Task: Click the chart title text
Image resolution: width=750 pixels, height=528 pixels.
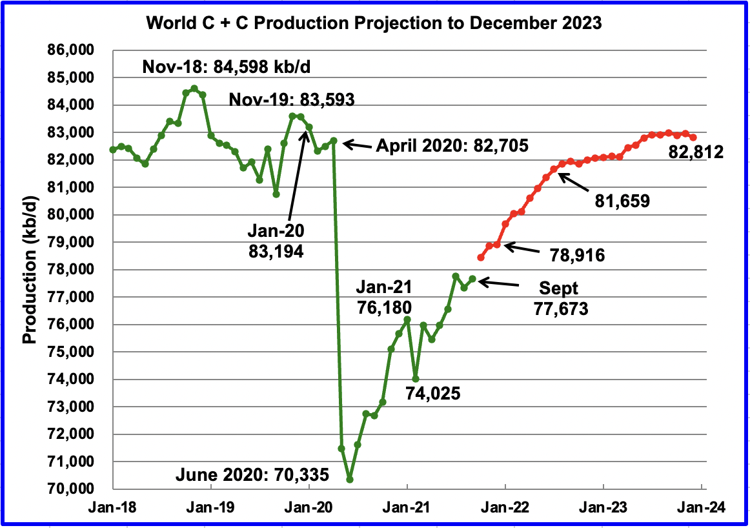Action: (x=374, y=24)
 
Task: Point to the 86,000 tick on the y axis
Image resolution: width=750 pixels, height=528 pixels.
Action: (x=76, y=50)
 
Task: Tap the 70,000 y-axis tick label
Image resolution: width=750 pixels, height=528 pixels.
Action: (x=76, y=489)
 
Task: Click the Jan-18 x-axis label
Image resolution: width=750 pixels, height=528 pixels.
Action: (x=114, y=507)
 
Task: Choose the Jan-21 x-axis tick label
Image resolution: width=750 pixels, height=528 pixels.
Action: (x=407, y=507)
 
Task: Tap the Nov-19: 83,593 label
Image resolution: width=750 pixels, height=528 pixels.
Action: (x=292, y=99)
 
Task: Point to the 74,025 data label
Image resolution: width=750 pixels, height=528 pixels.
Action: (x=433, y=392)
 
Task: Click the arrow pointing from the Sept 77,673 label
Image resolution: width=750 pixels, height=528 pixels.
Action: (x=500, y=282)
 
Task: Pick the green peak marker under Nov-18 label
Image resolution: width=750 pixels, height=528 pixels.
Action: (x=194, y=88)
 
